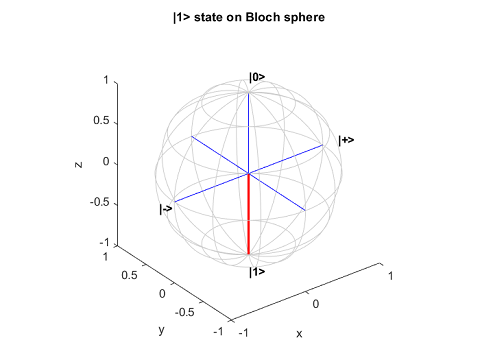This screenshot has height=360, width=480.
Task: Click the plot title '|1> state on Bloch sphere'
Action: pos(239,17)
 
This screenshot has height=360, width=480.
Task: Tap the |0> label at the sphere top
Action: pos(257,77)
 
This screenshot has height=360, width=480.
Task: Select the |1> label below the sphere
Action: pos(257,271)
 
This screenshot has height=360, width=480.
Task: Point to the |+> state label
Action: pos(346,140)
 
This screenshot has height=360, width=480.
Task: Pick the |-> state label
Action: pos(166,209)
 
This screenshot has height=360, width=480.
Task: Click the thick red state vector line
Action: pos(248,214)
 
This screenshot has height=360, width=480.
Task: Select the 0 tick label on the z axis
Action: pos(103,162)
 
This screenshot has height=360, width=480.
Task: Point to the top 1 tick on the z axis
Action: pos(104,80)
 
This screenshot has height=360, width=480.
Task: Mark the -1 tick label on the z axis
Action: pos(100,243)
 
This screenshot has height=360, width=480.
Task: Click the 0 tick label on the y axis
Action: pos(162,294)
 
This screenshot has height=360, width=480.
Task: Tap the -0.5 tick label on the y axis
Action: pos(186,312)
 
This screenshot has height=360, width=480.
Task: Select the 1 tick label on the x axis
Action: pos(391,274)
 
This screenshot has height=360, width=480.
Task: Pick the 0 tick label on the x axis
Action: pos(316,302)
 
